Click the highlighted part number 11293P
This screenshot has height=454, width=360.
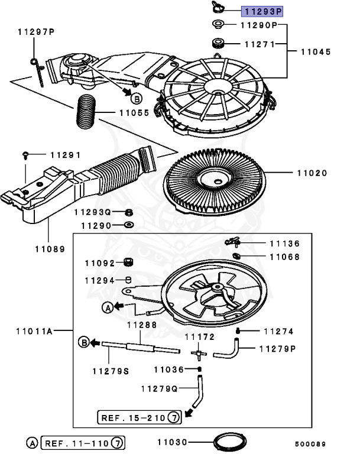coord(262,11)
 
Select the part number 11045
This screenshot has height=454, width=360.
coord(317,52)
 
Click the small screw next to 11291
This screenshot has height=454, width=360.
coord(25,155)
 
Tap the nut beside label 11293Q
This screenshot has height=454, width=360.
coord(130,212)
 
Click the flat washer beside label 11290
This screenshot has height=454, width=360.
coord(129,225)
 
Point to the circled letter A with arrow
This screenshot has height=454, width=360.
coord(108,307)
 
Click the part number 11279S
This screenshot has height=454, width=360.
coord(111,371)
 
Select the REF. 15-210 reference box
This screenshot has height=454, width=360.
coord(140,418)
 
